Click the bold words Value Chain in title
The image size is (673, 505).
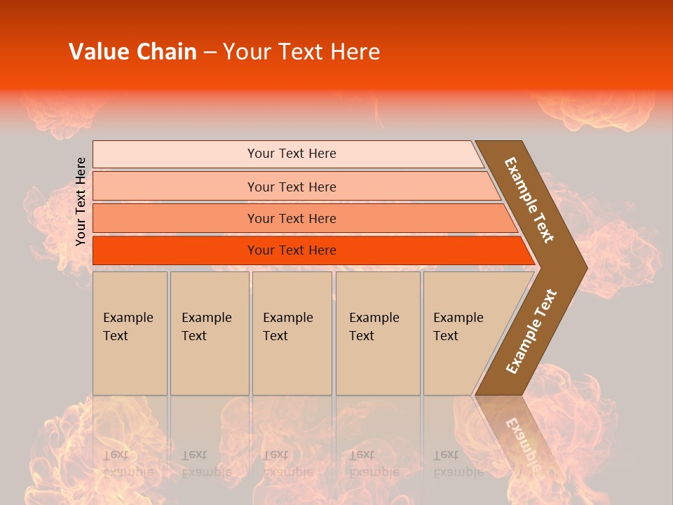pyautogui.click(x=132, y=52)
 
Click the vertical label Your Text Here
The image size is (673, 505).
pyautogui.click(x=81, y=201)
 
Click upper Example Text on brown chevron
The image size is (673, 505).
pyautogui.click(x=529, y=200)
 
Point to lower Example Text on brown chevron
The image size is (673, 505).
pyautogui.click(x=531, y=332)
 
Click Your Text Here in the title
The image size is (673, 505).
pyautogui.click(x=301, y=52)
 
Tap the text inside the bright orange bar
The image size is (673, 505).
pyautogui.click(x=292, y=250)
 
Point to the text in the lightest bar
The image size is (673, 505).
pyautogui.click(x=292, y=154)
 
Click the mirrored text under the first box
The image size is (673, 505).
pyautogui.click(x=128, y=463)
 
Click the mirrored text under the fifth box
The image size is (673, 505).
pyautogui.click(x=458, y=463)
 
